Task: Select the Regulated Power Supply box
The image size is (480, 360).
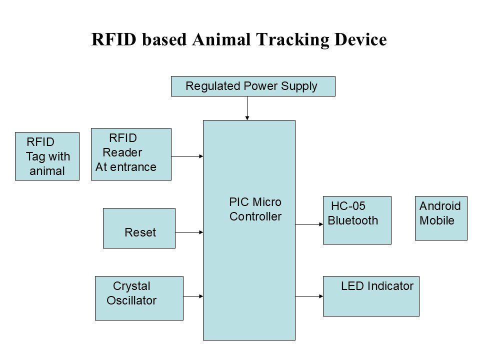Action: tap(253, 86)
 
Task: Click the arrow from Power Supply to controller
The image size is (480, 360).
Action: tap(247, 108)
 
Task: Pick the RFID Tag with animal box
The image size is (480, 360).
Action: tap(47, 156)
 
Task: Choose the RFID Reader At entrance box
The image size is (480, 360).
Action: tap(131, 154)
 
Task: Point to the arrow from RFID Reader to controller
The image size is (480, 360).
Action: tap(187, 156)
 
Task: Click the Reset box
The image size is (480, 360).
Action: tap(139, 228)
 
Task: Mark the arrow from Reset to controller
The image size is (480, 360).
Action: tap(189, 232)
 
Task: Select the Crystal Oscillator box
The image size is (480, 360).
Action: tap(139, 298)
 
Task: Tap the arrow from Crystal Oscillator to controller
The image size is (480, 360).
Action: tap(193, 296)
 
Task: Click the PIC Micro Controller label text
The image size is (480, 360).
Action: tap(255, 209)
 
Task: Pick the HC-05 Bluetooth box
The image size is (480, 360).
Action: tap(357, 220)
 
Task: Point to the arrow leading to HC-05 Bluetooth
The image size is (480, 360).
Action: tap(309, 224)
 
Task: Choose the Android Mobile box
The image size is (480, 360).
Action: tap(441, 218)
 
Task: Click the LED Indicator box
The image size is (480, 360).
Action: tap(371, 296)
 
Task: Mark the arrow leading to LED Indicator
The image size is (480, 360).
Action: tap(309, 296)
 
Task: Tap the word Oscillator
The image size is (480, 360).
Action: tap(131, 301)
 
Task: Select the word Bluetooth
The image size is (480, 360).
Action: tap(353, 220)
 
